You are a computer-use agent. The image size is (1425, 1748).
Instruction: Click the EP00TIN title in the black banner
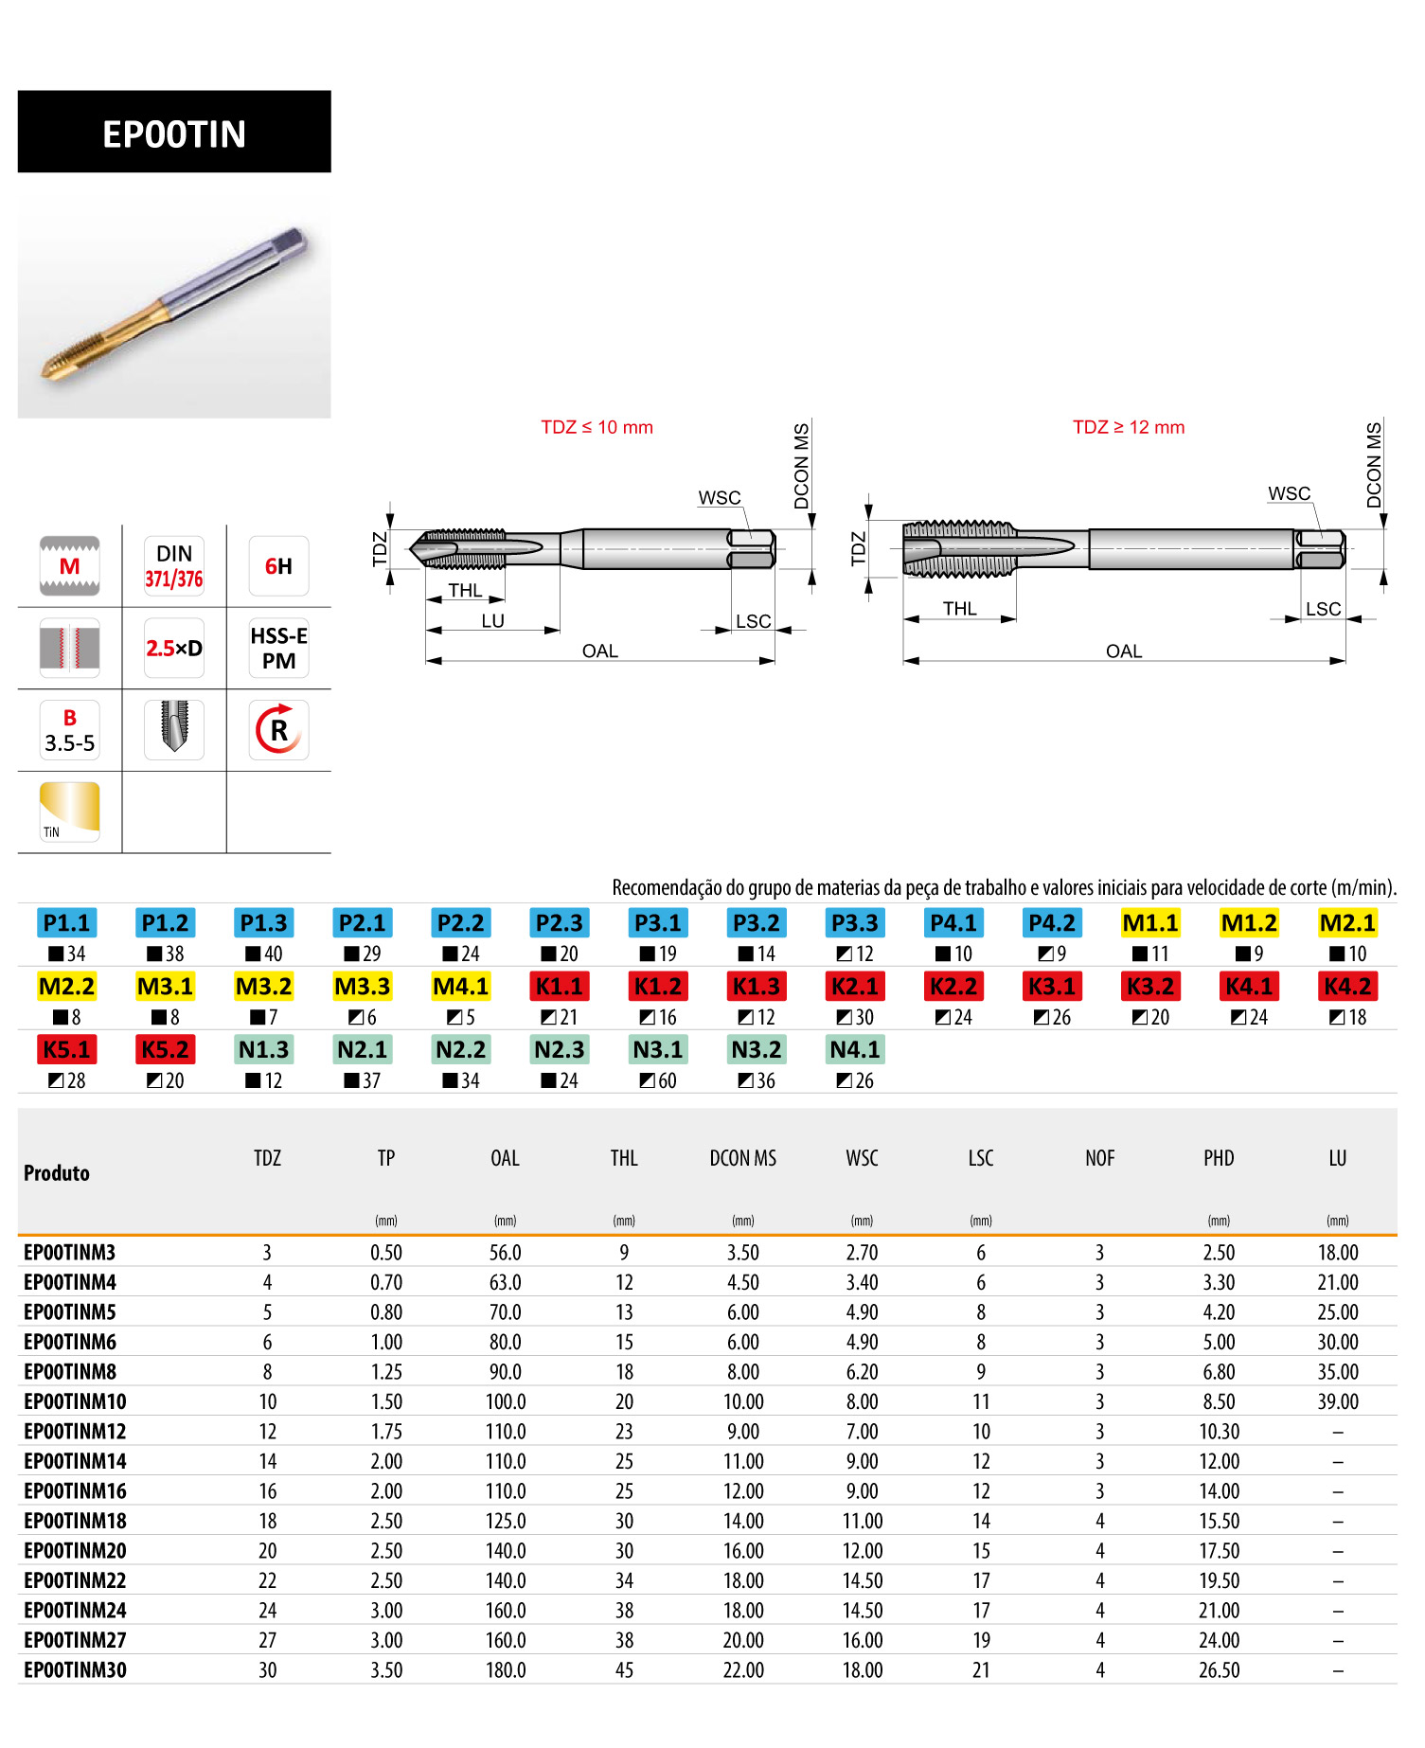pos(174,134)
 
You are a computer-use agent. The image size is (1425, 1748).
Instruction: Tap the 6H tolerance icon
pos(278,566)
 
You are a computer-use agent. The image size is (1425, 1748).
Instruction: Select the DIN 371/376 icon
pos(174,566)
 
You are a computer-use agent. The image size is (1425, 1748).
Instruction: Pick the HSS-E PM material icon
pos(278,649)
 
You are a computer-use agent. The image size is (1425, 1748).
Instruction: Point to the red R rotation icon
pos(278,730)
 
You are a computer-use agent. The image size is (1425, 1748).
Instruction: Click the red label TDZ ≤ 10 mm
pos(597,427)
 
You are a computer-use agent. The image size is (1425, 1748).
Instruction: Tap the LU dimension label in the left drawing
pos(492,621)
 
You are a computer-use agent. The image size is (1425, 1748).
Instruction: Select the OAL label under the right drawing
pos(1124,651)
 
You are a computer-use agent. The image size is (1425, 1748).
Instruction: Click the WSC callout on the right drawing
pos(1290,493)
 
